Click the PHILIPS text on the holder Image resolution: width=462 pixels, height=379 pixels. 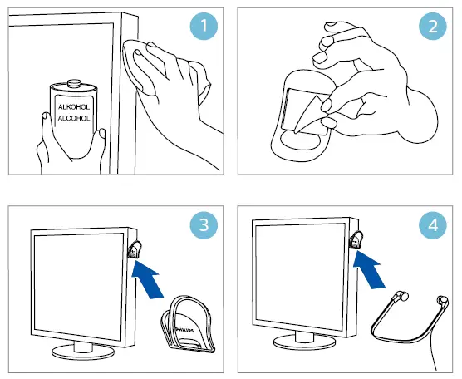[181, 331]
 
